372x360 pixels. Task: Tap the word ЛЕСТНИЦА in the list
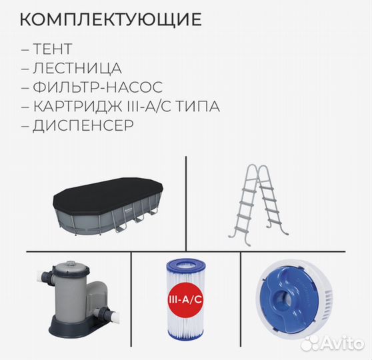click(76, 68)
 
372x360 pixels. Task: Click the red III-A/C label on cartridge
click(187, 301)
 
